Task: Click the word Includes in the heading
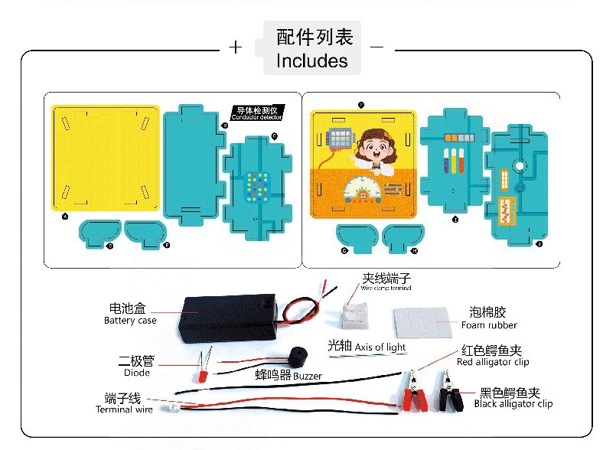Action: [x=311, y=60]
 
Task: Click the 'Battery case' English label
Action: [x=130, y=321]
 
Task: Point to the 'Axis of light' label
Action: [x=380, y=347]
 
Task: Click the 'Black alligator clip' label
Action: [x=513, y=404]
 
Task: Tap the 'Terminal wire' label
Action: [x=124, y=409]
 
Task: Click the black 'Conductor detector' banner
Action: [x=257, y=112]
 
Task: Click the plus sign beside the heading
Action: [x=236, y=47]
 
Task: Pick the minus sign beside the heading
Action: [x=376, y=47]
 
